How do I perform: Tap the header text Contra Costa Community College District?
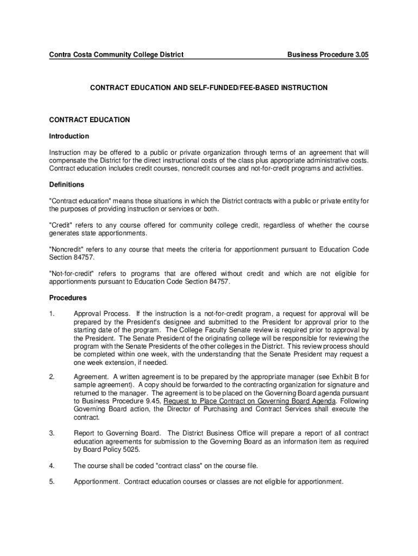116,54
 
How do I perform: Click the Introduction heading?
69,136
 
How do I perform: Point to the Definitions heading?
67,185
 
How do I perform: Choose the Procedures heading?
68,298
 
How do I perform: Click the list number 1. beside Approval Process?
52,314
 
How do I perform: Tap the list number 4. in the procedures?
52,466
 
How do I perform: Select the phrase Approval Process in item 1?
102,314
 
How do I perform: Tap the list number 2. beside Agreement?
52,376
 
